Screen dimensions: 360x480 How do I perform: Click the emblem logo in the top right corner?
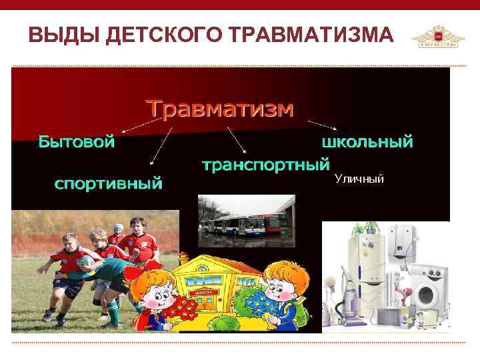[437, 36]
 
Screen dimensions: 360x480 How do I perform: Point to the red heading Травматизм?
[219, 108]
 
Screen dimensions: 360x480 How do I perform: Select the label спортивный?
[108, 182]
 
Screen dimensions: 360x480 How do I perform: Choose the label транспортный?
[266, 164]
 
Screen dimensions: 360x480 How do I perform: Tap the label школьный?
[367, 141]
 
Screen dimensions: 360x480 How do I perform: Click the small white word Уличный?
[359, 179]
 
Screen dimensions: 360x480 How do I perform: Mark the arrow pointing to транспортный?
[237, 140]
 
